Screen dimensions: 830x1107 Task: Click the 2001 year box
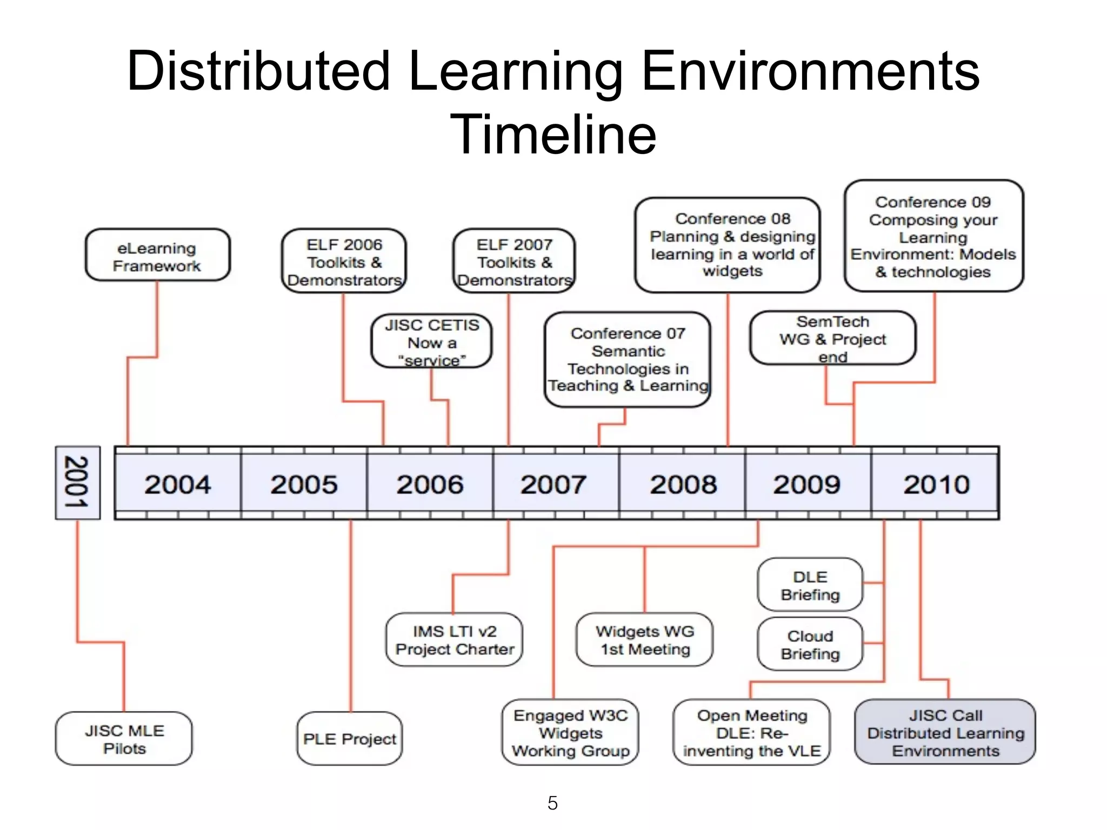[x=77, y=483]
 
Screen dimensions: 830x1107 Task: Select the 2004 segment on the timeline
[x=178, y=484]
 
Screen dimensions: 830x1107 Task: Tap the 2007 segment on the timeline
[x=554, y=484]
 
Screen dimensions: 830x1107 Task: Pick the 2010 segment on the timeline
[x=936, y=484]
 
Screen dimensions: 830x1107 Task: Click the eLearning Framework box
[x=157, y=256]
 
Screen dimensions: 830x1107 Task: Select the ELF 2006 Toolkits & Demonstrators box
[x=344, y=262]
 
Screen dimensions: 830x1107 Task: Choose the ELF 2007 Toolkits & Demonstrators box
[x=514, y=262]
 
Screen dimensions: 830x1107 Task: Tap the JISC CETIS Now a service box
[x=432, y=342]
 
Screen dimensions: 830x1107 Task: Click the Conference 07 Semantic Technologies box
[x=628, y=359]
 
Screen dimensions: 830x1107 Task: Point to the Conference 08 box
[x=728, y=245]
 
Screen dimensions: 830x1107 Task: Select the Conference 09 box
[x=933, y=237]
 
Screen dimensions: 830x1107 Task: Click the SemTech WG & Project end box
[x=832, y=338]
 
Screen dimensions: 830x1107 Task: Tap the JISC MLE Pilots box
[x=124, y=739]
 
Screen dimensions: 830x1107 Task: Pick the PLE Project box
[x=350, y=739]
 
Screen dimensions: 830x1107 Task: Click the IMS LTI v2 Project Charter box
[x=455, y=640]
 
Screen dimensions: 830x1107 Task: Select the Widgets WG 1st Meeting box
[x=645, y=640]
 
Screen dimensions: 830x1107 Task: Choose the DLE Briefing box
[x=810, y=585]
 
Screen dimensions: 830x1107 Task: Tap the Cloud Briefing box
[x=810, y=644]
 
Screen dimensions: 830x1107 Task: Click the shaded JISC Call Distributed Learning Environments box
[x=945, y=732]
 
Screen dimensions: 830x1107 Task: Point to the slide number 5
[x=552, y=803]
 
